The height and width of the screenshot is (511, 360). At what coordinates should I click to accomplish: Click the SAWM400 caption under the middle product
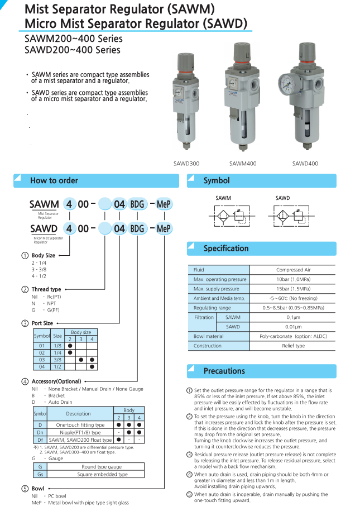(243, 164)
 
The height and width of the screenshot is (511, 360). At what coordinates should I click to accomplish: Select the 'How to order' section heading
(54, 180)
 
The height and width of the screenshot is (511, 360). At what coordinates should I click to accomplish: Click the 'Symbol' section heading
(216, 180)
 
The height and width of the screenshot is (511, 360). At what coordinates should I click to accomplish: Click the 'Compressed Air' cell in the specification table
(294, 270)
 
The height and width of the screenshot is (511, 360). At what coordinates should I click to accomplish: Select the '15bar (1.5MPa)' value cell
(294, 289)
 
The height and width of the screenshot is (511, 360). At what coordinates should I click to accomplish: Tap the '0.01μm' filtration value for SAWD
(294, 327)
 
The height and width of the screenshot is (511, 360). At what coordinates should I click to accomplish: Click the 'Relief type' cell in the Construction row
(294, 346)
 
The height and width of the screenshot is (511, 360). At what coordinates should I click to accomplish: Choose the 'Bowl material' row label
(208, 336)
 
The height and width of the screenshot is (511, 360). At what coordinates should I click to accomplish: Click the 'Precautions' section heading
(224, 371)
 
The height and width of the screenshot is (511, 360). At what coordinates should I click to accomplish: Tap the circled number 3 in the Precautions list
(190, 455)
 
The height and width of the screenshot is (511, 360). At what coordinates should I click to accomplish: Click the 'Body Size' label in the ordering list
(43, 255)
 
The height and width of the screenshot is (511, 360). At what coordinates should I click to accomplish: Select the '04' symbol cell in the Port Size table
(41, 367)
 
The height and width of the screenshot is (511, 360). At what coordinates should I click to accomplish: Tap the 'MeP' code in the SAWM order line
(164, 204)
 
